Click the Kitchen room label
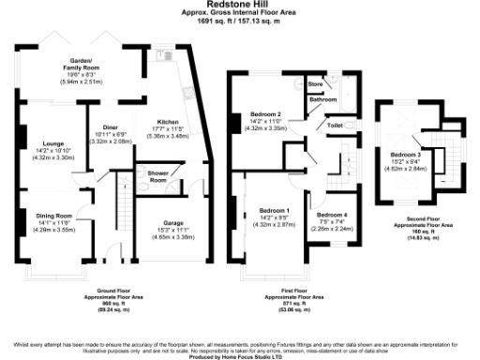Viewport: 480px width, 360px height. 168,122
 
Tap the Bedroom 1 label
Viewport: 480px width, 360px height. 276,210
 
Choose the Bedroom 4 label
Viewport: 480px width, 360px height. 332,215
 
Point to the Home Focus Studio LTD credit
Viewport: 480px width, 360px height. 239,357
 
